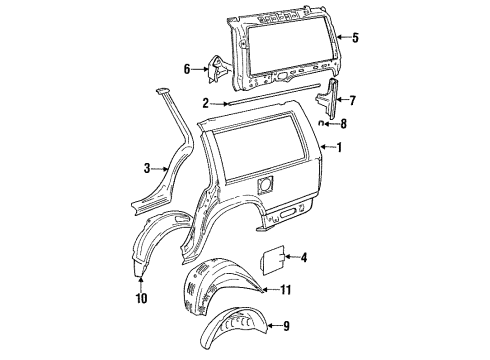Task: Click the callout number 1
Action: click(340, 149)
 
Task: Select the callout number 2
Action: click(204, 103)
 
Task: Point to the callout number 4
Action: click(304, 258)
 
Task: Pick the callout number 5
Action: click(354, 39)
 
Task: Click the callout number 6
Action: click(186, 68)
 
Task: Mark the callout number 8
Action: click(344, 124)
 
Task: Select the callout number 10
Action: click(140, 298)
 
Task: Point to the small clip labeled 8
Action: click(324, 123)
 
